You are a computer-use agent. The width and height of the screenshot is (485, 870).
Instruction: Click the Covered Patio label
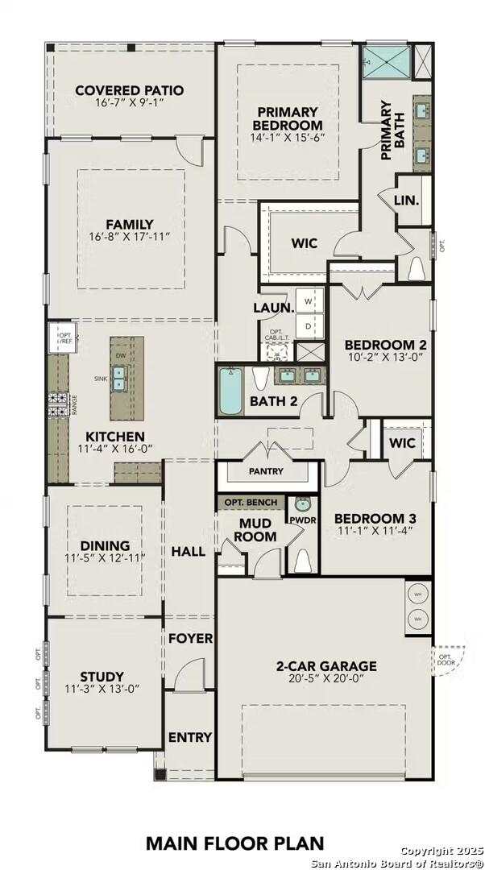[x=129, y=90]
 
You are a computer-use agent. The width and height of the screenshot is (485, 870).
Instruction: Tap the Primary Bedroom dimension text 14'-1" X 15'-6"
[x=288, y=137]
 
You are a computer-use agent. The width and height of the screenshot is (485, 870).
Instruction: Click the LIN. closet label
[x=406, y=200]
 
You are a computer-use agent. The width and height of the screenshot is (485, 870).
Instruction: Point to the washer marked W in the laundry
[x=308, y=300]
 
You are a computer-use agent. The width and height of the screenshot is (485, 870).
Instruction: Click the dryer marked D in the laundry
[x=308, y=325]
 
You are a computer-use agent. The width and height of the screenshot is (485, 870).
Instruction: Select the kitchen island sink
[x=119, y=377]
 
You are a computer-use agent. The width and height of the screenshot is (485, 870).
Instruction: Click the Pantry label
[x=266, y=470]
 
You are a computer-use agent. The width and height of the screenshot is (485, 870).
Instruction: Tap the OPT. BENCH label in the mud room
[x=251, y=503]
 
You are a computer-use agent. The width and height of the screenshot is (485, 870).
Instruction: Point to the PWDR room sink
[x=303, y=505]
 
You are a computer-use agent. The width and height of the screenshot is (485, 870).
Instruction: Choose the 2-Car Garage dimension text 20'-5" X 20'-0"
[x=326, y=679]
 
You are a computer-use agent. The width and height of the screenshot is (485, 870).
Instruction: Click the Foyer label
[x=190, y=638]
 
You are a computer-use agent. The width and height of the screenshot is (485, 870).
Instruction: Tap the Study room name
[x=102, y=676]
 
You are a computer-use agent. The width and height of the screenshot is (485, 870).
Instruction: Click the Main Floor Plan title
[x=235, y=843]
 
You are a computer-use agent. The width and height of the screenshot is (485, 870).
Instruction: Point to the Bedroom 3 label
[x=375, y=518]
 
